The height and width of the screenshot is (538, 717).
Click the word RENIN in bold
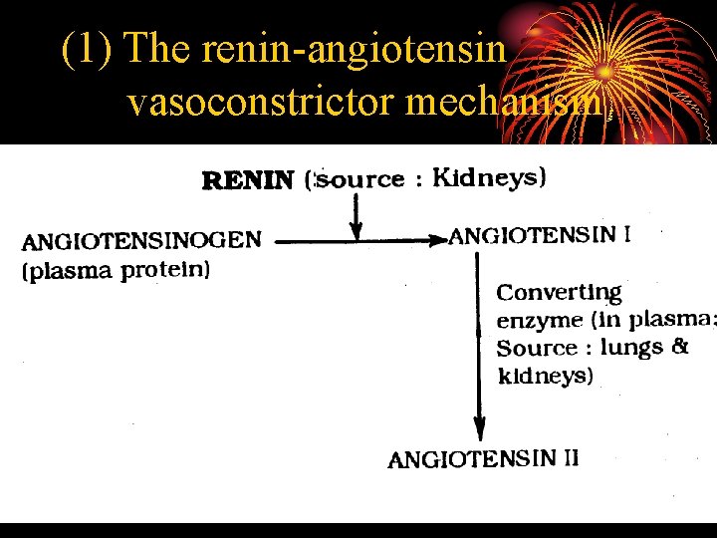[248, 180]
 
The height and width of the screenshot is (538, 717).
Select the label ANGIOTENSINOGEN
[142, 241]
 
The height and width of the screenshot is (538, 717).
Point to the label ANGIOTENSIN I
[539, 236]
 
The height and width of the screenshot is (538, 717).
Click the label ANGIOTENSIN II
[483, 459]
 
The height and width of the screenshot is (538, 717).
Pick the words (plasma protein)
[116, 271]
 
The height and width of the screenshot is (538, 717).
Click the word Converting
[559, 293]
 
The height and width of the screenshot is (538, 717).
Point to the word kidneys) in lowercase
[545, 376]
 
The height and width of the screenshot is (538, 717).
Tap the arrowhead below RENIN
[357, 230]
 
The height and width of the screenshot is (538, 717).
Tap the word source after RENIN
[360, 179]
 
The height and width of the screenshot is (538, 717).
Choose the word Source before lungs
[537, 348]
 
